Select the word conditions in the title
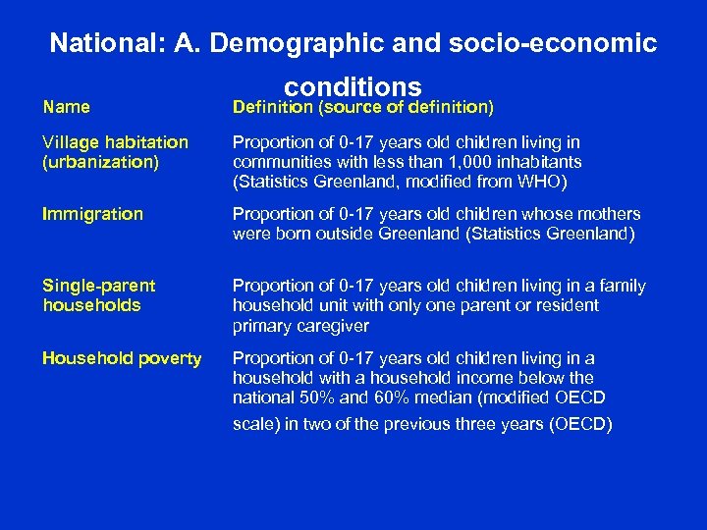tap(353, 86)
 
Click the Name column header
tap(66, 107)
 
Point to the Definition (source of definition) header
tap(362, 107)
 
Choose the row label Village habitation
tap(115, 143)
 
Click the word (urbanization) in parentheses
tap(100, 162)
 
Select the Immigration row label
tap(92, 214)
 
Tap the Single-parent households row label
tap(98, 295)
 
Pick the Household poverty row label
tap(122, 358)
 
